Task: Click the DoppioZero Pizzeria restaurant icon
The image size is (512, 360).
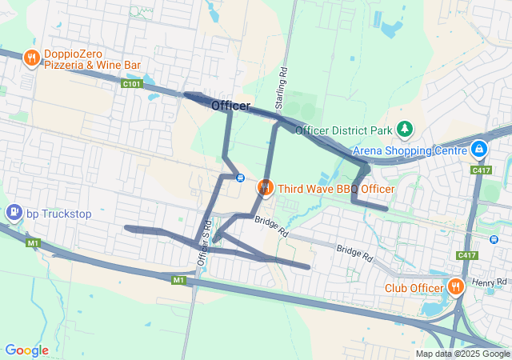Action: (x=32, y=58)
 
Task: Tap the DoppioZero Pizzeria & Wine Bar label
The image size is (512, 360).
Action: (x=92, y=58)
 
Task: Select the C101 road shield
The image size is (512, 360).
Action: (x=132, y=83)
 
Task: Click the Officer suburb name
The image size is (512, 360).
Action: (x=230, y=106)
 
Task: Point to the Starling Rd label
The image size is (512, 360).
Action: (x=280, y=89)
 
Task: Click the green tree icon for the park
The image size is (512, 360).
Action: (x=406, y=128)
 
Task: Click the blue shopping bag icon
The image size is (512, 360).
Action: (x=479, y=149)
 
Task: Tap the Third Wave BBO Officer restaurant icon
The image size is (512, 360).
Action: (x=264, y=188)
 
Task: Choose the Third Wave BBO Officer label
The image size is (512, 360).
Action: (x=336, y=189)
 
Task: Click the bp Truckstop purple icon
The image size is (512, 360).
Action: (x=14, y=213)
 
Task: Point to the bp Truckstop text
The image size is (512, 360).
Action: (x=59, y=214)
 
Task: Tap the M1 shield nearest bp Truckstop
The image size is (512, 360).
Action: (x=33, y=242)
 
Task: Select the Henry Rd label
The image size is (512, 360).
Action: (x=490, y=282)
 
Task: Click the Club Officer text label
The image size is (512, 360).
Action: (x=414, y=289)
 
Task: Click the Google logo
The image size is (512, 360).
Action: (x=27, y=350)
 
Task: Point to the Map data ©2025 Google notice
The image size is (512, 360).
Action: (x=462, y=354)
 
